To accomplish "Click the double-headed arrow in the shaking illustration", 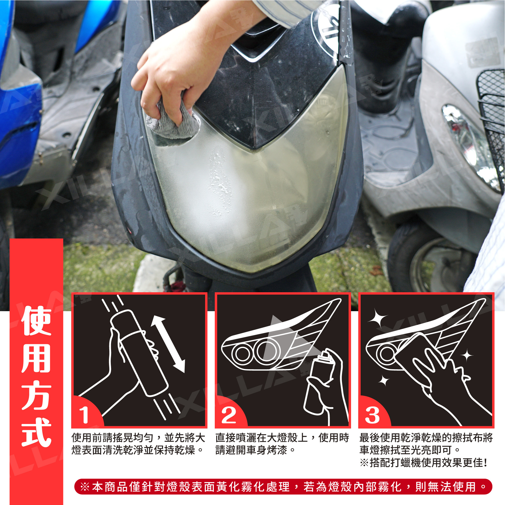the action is point(168,344).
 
